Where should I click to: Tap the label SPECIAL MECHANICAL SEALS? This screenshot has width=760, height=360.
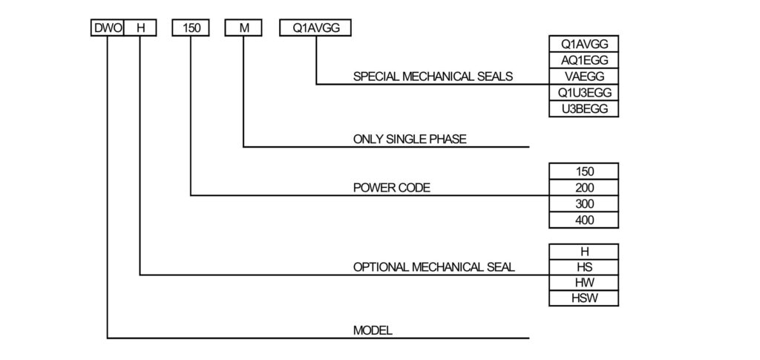pyautogui.click(x=433, y=76)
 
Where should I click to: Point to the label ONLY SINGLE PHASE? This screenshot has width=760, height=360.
pyautogui.click(x=410, y=139)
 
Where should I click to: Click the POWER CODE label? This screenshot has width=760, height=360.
pyautogui.click(x=391, y=188)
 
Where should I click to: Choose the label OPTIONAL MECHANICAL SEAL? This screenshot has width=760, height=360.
pyautogui.click(x=433, y=267)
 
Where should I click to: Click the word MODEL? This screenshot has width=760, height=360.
pyautogui.click(x=372, y=330)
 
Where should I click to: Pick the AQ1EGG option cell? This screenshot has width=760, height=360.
pyautogui.click(x=583, y=60)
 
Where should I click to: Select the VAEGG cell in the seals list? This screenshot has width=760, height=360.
pyautogui.click(x=583, y=76)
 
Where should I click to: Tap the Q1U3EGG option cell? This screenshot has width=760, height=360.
pyautogui.click(x=583, y=93)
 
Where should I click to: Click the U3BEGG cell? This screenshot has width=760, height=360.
pyautogui.click(x=583, y=109)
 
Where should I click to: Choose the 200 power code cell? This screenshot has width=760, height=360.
pyautogui.click(x=583, y=188)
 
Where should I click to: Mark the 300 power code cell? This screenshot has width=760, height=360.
pyautogui.click(x=583, y=204)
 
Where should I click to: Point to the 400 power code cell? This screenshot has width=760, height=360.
pyautogui.click(x=583, y=220)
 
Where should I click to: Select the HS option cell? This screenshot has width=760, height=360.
pyautogui.click(x=583, y=267)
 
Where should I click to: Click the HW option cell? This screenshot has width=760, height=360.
pyautogui.click(x=583, y=283)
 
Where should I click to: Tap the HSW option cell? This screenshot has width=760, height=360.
pyautogui.click(x=583, y=299)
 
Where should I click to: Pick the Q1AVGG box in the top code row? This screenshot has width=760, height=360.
pyautogui.click(x=316, y=28)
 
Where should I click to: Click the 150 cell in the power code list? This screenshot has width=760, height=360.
pyautogui.click(x=583, y=171)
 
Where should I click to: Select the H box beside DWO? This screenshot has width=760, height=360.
pyautogui.click(x=140, y=28)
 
